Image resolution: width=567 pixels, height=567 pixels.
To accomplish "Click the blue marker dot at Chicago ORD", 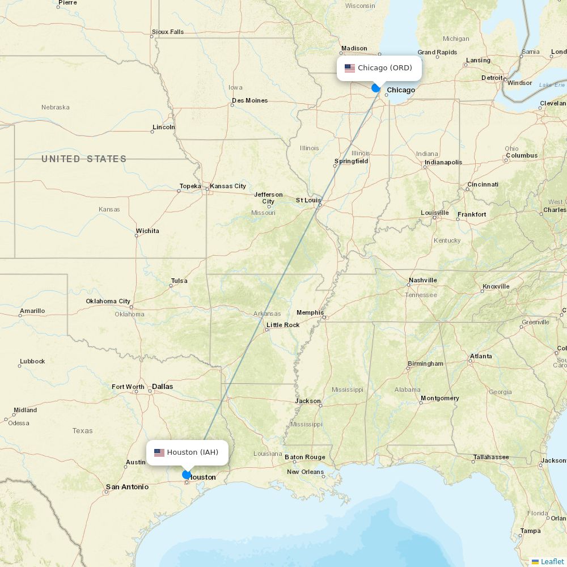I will pyautogui.click(x=375, y=88).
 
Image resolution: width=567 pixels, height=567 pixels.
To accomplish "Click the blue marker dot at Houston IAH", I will pyautogui.click(x=187, y=475).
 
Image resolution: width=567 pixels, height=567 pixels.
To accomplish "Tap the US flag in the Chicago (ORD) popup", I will pyautogui.click(x=350, y=68).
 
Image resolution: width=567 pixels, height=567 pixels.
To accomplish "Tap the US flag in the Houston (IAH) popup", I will pyautogui.click(x=159, y=452).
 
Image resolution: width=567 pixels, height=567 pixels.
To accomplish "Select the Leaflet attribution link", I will pyautogui.click(x=552, y=561).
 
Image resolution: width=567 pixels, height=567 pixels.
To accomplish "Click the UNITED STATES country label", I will pyautogui.click(x=84, y=159).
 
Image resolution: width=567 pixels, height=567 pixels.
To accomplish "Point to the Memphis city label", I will pyautogui.click(x=310, y=312).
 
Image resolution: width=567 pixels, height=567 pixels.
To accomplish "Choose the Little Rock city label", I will pyautogui.click(x=283, y=325).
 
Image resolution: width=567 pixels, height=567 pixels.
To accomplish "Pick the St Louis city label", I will pyautogui.click(x=308, y=200).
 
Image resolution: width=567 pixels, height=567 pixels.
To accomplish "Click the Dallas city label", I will pyautogui.click(x=162, y=387).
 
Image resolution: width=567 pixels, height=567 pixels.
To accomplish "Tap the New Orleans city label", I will pyautogui.click(x=305, y=472).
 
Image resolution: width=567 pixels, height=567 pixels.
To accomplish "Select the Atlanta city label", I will pyautogui.click(x=481, y=356).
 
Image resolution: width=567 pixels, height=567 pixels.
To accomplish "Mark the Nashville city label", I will pyautogui.click(x=423, y=280).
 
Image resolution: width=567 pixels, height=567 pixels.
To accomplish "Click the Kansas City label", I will pyautogui.click(x=228, y=186).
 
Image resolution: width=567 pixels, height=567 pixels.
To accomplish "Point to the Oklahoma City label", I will pyautogui.click(x=108, y=301).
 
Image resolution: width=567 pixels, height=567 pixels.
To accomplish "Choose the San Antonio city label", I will pyautogui.click(x=127, y=486).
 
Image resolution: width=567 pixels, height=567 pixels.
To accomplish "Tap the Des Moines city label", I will pyautogui.click(x=249, y=100).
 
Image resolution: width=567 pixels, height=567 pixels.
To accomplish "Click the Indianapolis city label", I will pyautogui.click(x=443, y=162).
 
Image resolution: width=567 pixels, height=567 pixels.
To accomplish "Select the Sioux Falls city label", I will pyautogui.click(x=168, y=32).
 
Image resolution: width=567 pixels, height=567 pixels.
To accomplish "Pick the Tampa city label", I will pyautogui.click(x=530, y=531).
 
